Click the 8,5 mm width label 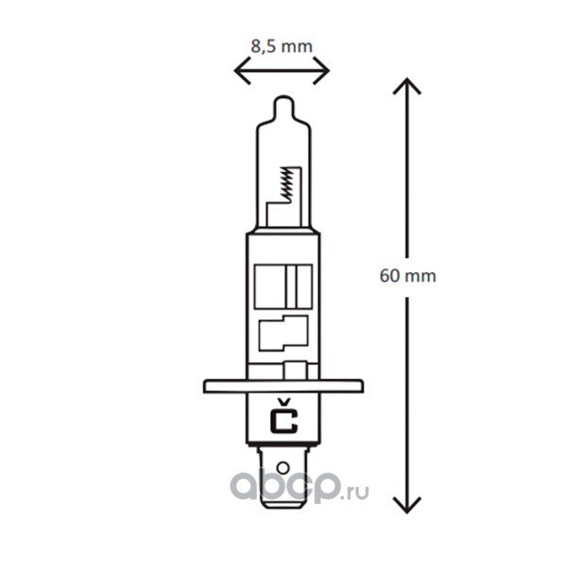[x=281, y=44]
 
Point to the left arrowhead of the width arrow [x=239, y=69]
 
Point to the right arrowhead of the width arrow [x=324, y=69]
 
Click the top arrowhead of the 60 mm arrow [x=406, y=87]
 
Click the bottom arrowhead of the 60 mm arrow [x=406, y=506]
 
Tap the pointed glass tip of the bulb [x=283, y=102]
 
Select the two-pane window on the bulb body [x=284, y=284]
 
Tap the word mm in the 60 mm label [x=421, y=277]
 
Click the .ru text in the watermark [x=357, y=492]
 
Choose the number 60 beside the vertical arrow [x=389, y=277]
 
